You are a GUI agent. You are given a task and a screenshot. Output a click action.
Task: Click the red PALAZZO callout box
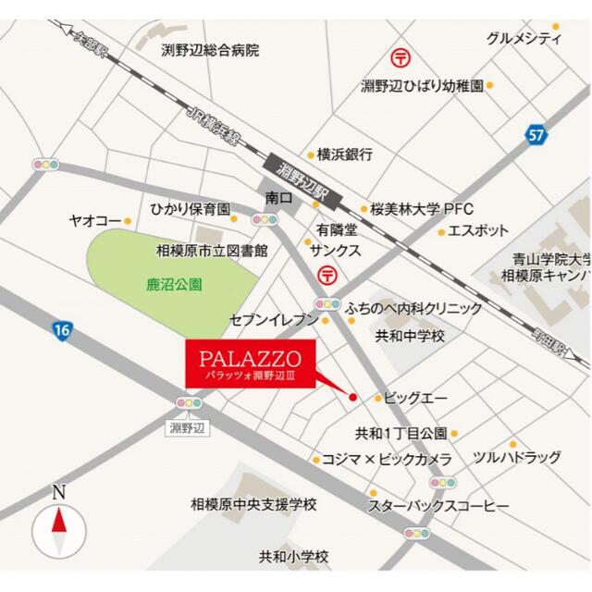point(250,364)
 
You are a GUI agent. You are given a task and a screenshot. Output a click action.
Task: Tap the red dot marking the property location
point(352,397)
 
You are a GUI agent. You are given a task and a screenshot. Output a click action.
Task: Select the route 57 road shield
point(537,135)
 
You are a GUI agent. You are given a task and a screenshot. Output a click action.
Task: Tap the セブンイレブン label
point(274,320)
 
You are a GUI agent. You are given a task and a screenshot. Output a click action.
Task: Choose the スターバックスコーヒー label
point(438,507)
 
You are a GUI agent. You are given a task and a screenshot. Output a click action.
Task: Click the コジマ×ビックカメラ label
point(387,459)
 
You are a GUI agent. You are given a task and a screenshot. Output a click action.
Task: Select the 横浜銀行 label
point(344,154)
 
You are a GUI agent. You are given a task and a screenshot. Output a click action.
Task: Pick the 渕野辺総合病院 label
point(210,50)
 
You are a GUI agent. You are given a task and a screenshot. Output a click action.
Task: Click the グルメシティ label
point(524,38)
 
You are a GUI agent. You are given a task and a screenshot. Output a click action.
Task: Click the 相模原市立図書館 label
point(212,250)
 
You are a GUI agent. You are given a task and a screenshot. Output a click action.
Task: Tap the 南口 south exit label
point(278,198)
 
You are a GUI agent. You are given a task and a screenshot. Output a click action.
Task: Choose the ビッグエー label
point(415,398)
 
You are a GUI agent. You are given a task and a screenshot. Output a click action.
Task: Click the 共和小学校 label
point(293,557)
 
